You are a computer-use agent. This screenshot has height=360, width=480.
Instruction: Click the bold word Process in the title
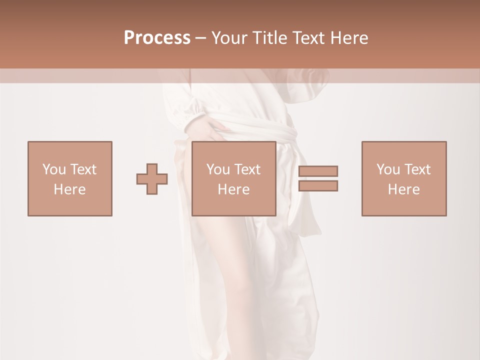[157, 38]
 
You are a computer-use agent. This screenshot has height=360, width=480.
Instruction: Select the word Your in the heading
[229, 38]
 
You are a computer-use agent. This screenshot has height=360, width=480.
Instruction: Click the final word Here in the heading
[349, 38]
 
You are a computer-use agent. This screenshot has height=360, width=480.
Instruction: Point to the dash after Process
[201, 38]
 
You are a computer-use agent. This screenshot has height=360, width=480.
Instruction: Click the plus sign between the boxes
[152, 178]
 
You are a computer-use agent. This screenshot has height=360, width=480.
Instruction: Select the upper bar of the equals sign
[318, 171]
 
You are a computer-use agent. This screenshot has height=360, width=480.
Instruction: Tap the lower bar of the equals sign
[318, 185]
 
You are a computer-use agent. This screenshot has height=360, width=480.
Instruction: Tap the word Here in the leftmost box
[70, 189]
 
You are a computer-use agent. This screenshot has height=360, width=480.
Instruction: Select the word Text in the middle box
[247, 169]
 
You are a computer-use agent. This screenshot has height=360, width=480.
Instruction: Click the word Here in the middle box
[234, 189]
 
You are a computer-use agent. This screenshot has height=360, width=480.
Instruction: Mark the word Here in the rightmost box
[404, 189]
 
